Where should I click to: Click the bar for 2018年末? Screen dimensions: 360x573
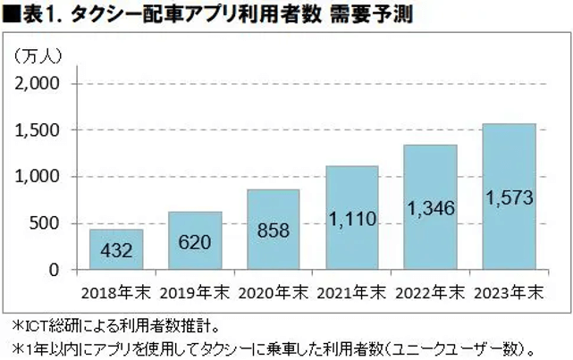click(116, 249)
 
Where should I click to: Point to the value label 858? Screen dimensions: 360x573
click(274, 230)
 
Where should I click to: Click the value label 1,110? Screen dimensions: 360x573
click(352, 217)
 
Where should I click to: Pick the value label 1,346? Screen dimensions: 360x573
click(432, 208)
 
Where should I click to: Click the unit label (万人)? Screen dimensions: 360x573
click(38, 56)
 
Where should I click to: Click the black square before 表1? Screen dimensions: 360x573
click(11, 14)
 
